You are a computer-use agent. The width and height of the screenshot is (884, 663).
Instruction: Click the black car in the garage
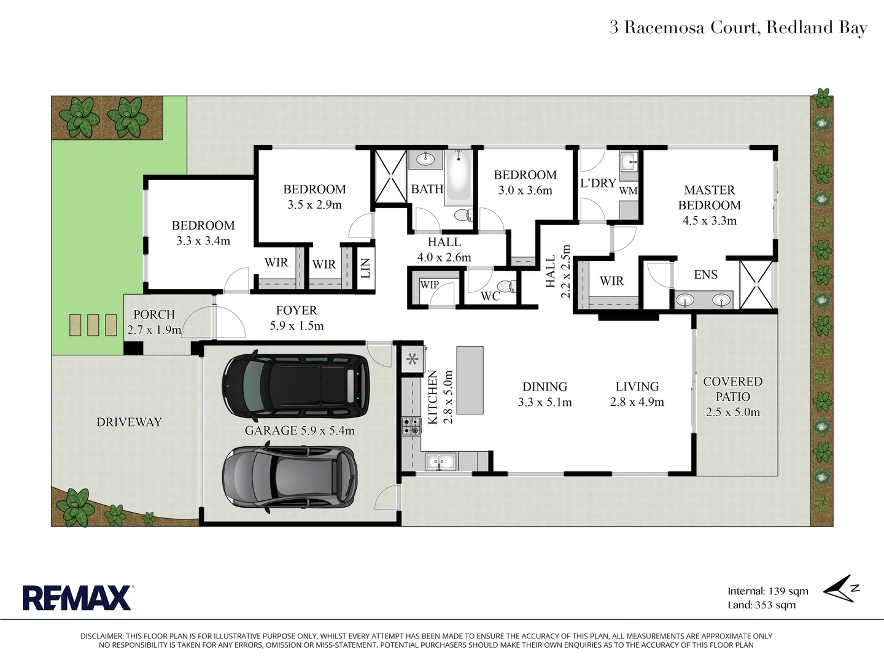click(296, 385)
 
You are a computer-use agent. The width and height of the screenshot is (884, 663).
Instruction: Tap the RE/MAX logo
click(77, 597)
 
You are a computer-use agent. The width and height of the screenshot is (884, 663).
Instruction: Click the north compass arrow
click(840, 589)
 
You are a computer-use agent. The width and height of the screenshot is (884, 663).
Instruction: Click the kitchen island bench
click(470, 380)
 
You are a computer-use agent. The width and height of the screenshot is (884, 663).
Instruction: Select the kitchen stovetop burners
click(411, 426)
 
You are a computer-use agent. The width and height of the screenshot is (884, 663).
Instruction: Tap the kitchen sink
click(440, 462)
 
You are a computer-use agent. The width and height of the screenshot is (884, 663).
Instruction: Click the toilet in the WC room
click(506, 287)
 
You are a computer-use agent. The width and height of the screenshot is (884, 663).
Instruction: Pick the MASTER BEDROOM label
click(710, 198)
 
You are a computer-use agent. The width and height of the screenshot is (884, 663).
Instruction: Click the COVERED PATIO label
click(732, 389)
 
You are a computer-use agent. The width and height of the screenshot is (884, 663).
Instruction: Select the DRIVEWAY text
click(129, 422)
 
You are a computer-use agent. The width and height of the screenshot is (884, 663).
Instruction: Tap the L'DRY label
click(597, 183)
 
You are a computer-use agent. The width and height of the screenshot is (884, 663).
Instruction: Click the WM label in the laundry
click(628, 191)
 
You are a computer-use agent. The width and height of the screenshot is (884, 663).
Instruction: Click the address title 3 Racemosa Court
click(738, 28)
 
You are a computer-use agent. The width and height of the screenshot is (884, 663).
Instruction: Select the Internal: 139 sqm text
click(768, 591)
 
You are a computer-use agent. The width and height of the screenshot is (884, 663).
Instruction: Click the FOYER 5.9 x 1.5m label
click(297, 318)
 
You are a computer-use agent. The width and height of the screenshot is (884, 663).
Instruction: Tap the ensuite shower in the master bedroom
click(756, 284)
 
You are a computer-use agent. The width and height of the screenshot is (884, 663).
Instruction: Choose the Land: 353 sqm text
click(761, 605)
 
